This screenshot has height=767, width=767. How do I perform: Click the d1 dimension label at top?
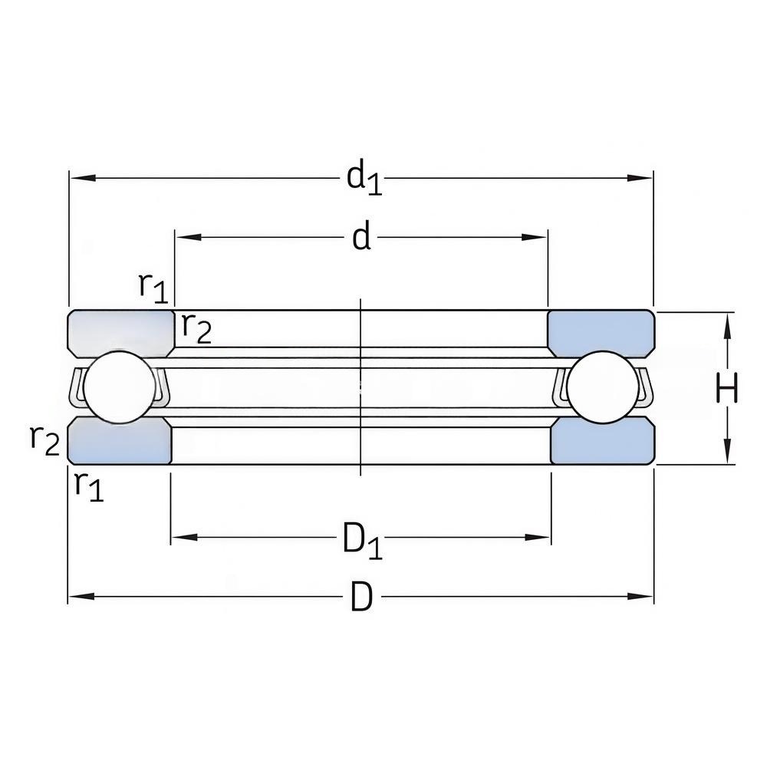tap(364, 179)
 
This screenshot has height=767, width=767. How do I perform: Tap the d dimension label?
tap(362, 238)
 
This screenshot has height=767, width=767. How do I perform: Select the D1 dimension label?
tap(362, 540)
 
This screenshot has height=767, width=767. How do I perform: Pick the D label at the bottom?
tap(362, 597)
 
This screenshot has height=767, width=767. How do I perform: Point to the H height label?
tap(727, 388)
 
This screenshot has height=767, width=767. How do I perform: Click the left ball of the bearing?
tap(119, 387)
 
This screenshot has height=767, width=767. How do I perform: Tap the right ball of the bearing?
tap(603, 387)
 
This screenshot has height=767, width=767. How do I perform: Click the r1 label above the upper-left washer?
tap(153, 288)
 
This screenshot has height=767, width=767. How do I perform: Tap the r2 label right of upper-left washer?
tap(196, 328)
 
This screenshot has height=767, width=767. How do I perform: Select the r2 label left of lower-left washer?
tap(44, 440)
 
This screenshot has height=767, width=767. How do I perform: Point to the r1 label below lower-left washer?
tap(89, 486)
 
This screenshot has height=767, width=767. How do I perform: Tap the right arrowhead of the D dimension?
tap(640, 597)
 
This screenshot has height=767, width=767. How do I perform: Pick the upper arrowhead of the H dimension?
tap(728, 324)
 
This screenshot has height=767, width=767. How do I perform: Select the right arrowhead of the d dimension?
tap(534, 238)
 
